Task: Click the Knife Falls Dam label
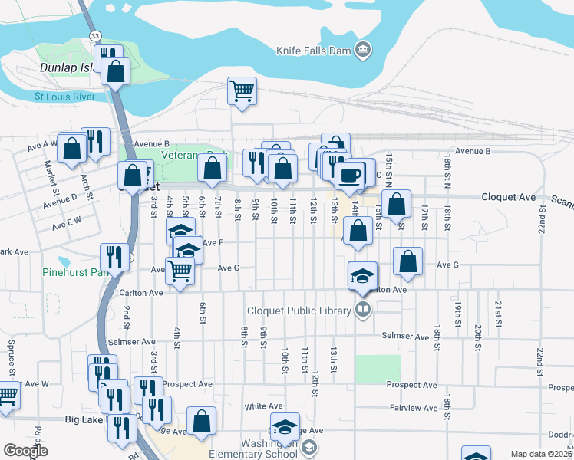[x=313, y=51]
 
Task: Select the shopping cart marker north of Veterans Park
[x=242, y=91]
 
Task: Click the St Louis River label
[x=74, y=97]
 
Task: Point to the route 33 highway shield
[x=94, y=35]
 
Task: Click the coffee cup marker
[x=350, y=175]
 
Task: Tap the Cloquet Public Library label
[x=299, y=310]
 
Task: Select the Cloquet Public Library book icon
[x=364, y=310]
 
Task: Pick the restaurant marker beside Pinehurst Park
[x=114, y=257]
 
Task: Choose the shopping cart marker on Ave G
[x=180, y=270]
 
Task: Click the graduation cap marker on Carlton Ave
[x=363, y=276]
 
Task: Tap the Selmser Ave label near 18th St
[x=411, y=337]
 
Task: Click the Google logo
[x=25, y=451]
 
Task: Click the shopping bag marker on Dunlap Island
[x=116, y=71]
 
